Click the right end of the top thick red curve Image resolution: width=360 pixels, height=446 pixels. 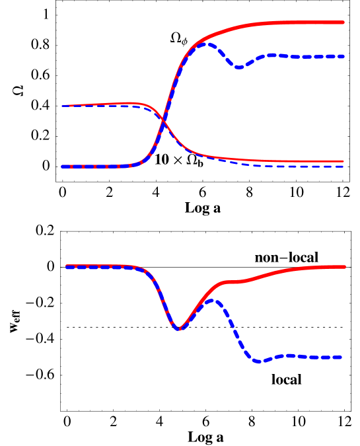(x=343, y=22)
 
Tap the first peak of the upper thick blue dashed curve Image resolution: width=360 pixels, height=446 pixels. (x=207, y=44)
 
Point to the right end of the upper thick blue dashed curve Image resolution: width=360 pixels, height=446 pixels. (x=343, y=57)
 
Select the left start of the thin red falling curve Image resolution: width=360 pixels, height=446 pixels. (x=63, y=106)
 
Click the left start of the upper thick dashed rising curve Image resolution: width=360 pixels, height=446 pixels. (x=63, y=167)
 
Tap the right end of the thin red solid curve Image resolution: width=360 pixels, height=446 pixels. (x=343, y=161)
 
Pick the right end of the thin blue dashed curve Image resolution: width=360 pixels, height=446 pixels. (x=343, y=166)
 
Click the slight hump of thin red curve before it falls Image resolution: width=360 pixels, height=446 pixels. (x=132, y=103)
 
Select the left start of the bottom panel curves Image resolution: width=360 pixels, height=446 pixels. (x=67, y=266)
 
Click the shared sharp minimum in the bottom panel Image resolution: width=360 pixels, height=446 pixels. (x=179, y=328)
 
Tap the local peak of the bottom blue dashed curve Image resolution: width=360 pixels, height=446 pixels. (x=213, y=301)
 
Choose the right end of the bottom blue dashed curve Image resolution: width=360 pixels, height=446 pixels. (x=342, y=357)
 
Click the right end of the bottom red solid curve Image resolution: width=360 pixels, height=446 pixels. (x=344, y=267)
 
